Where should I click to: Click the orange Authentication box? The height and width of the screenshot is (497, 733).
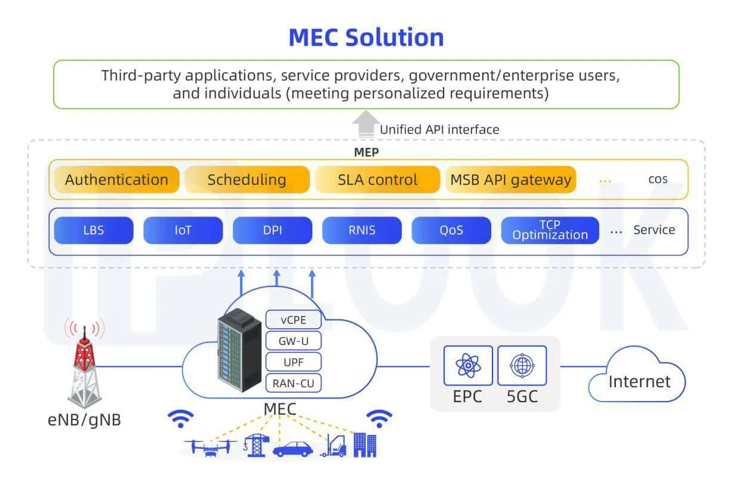point(116,180)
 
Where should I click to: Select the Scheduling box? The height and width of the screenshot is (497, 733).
point(247,180)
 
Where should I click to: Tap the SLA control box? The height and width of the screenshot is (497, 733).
point(377,180)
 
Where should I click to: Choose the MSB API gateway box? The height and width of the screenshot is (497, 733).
point(510,180)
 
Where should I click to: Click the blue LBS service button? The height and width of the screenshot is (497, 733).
point(93,230)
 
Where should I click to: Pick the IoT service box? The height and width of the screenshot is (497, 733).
point(183,230)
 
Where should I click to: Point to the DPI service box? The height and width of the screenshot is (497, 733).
point(272,230)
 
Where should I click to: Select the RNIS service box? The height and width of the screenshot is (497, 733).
point(362,230)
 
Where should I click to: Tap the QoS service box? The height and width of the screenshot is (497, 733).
point(451,230)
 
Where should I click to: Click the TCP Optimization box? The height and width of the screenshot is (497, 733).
point(550,230)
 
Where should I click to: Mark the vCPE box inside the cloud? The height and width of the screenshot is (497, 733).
point(293,320)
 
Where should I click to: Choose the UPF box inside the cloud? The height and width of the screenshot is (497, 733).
point(293,362)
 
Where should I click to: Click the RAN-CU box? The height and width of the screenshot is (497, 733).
point(293,383)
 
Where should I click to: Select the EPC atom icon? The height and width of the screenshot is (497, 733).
point(468,366)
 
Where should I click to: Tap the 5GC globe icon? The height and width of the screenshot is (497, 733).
point(521,366)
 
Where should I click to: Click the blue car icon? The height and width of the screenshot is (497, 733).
point(292,449)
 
